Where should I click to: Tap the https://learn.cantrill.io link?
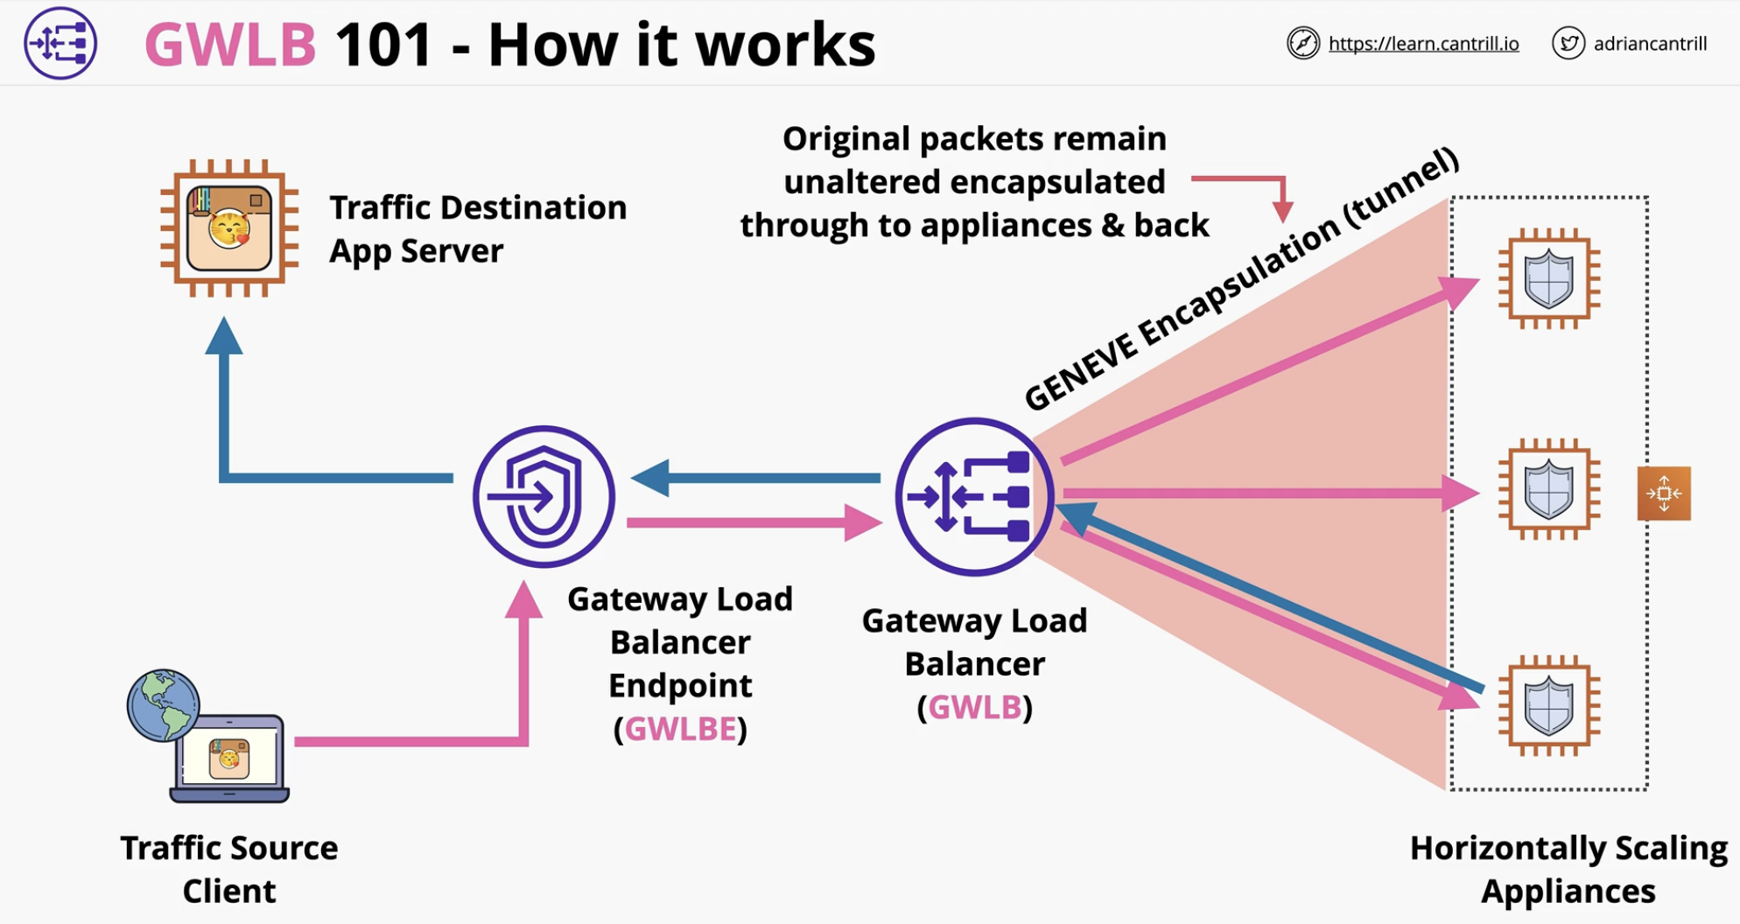coord(1423,44)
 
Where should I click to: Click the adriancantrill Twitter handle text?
coord(1650,44)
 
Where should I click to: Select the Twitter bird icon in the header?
coord(1568,43)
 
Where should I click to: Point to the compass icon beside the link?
coord(1303,43)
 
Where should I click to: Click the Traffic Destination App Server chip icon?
coord(229,228)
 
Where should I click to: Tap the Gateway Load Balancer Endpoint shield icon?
coord(544,496)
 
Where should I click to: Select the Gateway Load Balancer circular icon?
coord(974,496)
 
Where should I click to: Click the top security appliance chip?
coord(1549,279)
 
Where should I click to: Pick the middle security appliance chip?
coord(1549,489)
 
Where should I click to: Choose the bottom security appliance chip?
coord(1549,705)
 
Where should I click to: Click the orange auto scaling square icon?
coord(1664,493)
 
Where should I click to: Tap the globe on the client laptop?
coord(164,705)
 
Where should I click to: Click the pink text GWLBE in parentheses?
coord(680,729)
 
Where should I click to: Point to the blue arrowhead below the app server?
coord(224,336)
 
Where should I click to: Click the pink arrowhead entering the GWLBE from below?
coord(523,600)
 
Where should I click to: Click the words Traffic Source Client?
coord(229,869)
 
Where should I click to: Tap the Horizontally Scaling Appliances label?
coord(1568,869)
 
